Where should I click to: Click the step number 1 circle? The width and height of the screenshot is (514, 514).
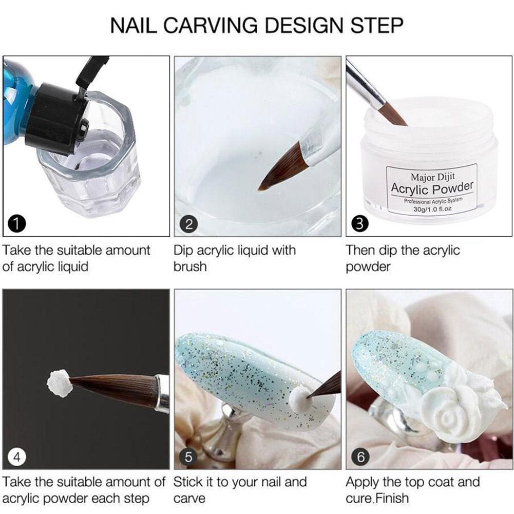click(x=17, y=224)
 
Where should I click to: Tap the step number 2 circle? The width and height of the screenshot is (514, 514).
click(x=188, y=224)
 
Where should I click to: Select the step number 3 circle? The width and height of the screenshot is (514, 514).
click(x=360, y=224)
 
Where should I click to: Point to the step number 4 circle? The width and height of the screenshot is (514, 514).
click(x=17, y=456)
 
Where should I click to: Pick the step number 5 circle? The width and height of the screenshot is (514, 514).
click(x=188, y=456)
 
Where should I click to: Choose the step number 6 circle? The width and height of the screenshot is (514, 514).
click(x=360, y=456)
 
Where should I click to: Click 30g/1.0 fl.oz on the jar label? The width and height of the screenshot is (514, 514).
click(x=432, y=209)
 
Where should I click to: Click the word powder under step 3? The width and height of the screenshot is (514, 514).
click(x=368, y=267)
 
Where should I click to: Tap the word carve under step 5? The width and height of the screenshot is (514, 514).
click(x=189, y=499)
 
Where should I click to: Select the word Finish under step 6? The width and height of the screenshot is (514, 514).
click(x=392, y=498)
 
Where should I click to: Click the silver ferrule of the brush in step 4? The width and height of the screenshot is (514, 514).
click(x=162, y=394)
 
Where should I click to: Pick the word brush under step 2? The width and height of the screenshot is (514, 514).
click(x=190, y=266)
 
